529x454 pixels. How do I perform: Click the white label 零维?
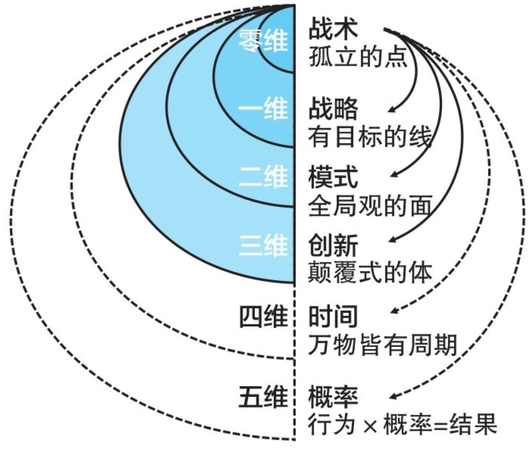pos(263,41)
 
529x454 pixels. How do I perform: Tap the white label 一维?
pos(263,109)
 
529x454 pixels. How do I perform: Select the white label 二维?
pos(263,176)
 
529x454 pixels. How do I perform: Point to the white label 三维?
pos(263,245)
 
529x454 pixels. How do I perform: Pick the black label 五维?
pos(263,396)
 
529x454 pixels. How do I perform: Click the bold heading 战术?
pos(333,29)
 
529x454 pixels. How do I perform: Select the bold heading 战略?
pos(333,109)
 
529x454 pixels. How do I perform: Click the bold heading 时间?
pos(333,316)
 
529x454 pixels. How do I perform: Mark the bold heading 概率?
pos(333,396)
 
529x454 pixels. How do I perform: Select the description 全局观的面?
pos(370,205)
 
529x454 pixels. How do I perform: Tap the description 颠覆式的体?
pos(370,273)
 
